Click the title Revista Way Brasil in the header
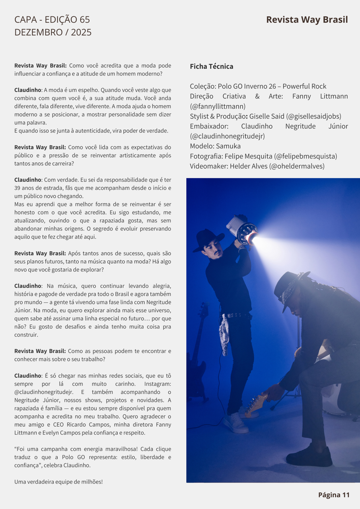click(307, 19)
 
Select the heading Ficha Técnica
click(212, 66)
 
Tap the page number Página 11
click(334, 495)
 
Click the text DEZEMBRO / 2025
click(53, 32)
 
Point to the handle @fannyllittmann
click(218, 106)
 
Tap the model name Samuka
click(228, 146)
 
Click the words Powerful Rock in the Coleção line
click(304, 86)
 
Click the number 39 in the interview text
click(19, 188)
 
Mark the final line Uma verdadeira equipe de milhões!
click(58, 482)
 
